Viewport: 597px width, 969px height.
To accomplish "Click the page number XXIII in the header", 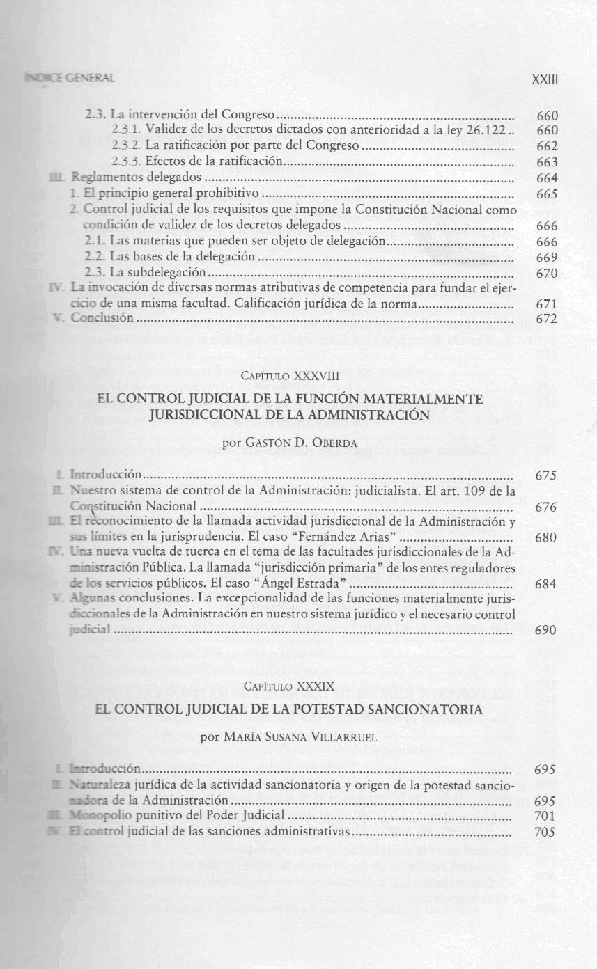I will pyautogui.click(x=545, y=79).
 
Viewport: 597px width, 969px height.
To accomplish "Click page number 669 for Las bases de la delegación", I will pyautogui.click(x=547, y=257).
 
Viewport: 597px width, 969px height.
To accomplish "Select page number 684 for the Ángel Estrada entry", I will pyautogui.click(x=545, y=584).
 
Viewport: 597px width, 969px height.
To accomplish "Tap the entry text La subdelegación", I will pyautogui.click(x=144, y=272).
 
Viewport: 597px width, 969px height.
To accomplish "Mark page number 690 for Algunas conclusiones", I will pyautogui.click(x=545, y=630).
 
